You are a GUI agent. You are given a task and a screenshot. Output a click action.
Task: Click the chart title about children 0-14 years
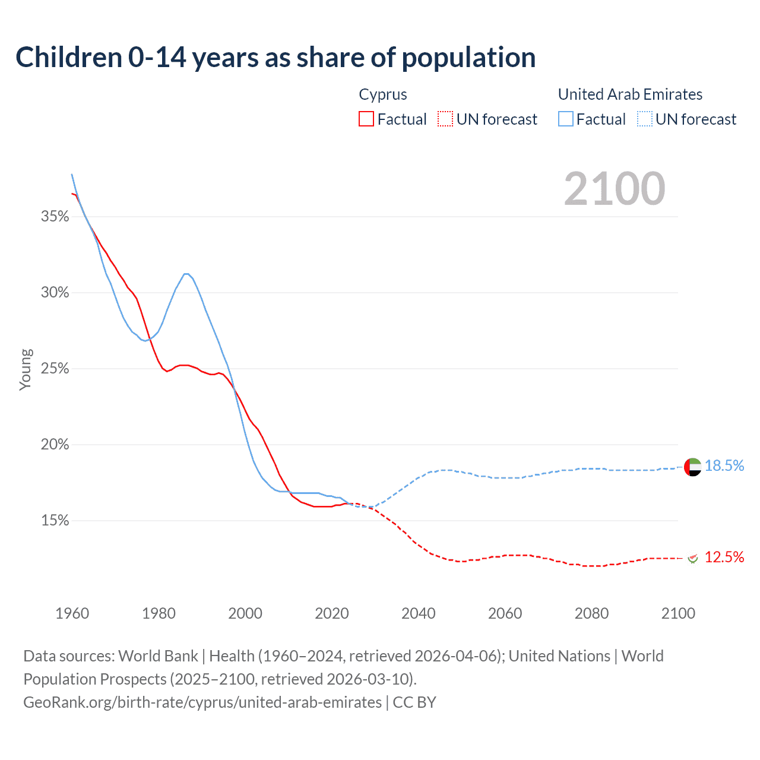[275, 58]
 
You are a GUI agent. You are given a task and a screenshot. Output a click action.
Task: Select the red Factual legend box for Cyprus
[366, 119]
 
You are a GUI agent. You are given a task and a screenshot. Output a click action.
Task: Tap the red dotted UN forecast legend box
[445, 119]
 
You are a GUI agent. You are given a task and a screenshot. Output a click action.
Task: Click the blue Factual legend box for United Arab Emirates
[566, 119]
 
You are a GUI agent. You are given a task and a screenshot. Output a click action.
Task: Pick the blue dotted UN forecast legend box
[645, 119]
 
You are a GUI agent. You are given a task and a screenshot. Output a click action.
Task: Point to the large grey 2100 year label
[615, 189]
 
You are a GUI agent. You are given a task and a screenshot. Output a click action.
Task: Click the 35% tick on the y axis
[55, 217]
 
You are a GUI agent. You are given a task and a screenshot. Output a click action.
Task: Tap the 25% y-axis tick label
[55, 369]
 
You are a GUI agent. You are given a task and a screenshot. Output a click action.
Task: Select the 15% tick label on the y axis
[55, 521]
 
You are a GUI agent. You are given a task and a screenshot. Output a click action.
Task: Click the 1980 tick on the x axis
[159, 613]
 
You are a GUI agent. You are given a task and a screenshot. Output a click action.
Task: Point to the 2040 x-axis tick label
[419, 613]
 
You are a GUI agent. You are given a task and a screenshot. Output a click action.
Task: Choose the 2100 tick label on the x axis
[678, 613]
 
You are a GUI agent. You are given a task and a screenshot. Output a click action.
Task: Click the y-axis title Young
[26, 369]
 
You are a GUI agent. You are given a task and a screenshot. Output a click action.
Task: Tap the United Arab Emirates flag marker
[693, 467]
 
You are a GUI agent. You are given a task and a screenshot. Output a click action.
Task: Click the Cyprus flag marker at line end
[693, 558]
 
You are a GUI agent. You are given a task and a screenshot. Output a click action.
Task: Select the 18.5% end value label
[724, 466]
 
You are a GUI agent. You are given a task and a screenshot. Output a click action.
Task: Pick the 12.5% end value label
[724, 558]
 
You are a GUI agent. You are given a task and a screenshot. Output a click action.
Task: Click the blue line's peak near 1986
[186, 274]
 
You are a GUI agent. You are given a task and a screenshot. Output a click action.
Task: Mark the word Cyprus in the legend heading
[383, 94]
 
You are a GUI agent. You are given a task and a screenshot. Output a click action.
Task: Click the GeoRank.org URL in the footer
[202, 702]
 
